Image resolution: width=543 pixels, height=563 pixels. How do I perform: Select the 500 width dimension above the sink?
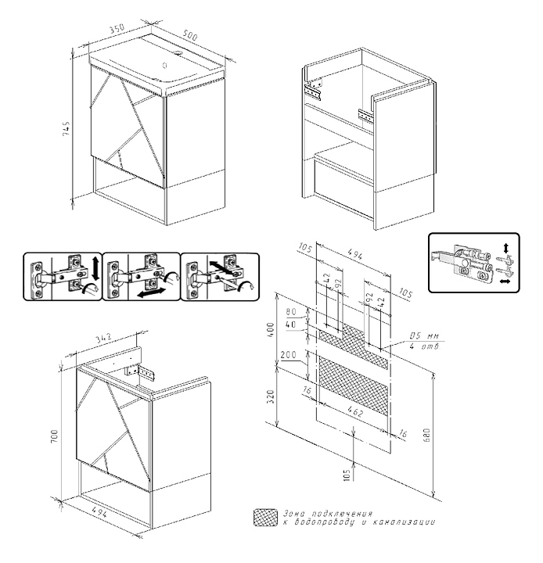(x=190, y=34)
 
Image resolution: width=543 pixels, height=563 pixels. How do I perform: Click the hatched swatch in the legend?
(x=264, y=517)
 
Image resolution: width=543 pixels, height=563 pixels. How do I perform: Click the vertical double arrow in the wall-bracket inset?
(x=506, y=249)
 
